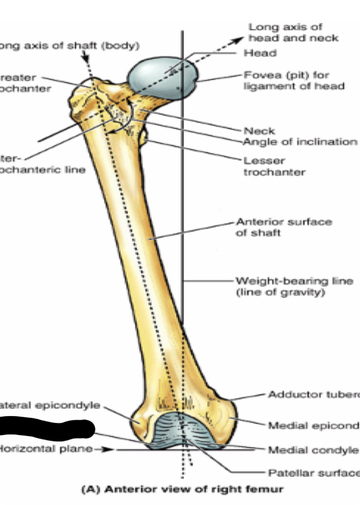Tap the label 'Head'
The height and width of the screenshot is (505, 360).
[260, 53]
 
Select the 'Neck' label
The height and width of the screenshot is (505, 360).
[259, 131]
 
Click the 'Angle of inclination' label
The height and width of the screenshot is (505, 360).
[300, 142]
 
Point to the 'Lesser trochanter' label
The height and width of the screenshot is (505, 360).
[274, 166]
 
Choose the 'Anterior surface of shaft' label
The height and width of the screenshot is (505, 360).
[284, 227]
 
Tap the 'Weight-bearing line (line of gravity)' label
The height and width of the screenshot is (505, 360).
[294, 286]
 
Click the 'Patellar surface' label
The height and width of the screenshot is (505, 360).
[313, 473]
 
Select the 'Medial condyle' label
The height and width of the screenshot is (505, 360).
[313, 450]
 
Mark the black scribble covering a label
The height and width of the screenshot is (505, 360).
[46, 429]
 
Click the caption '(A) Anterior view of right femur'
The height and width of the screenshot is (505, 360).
[182, 489]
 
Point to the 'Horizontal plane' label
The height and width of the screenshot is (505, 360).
[46, 449]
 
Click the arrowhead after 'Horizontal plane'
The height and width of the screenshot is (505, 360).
[109, 450]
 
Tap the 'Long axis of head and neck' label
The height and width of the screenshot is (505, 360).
[293, 32]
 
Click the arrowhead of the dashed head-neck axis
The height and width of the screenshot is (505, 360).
[240, 39]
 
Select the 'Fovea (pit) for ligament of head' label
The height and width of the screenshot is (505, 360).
[294, 81]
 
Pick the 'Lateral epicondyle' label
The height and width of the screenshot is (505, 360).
[49, 405]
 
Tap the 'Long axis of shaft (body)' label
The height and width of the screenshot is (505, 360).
[69, 46]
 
